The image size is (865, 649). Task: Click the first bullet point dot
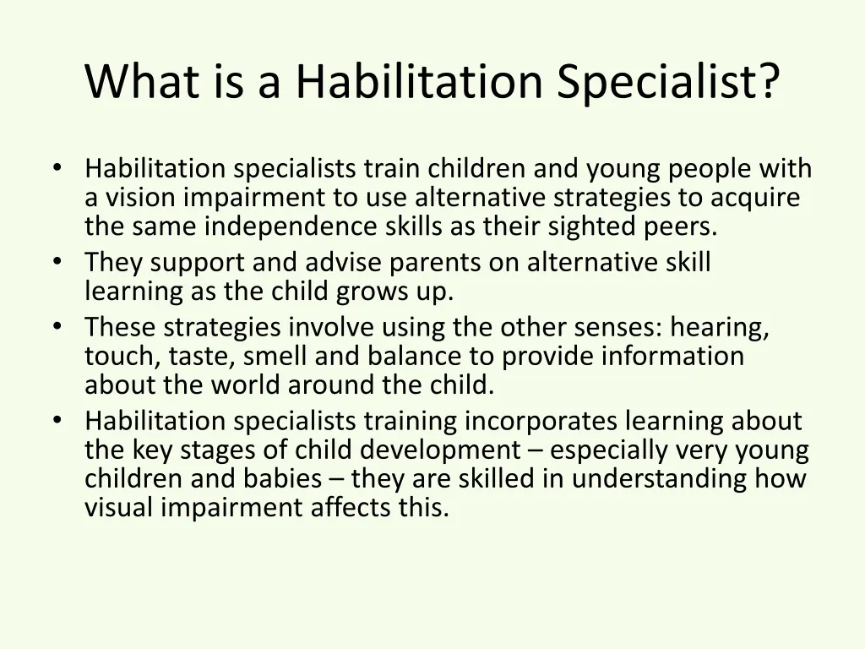57,167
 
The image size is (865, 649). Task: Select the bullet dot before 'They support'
57,262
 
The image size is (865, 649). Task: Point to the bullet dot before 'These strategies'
57,325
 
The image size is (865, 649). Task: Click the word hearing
721,327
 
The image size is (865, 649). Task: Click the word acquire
755,198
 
